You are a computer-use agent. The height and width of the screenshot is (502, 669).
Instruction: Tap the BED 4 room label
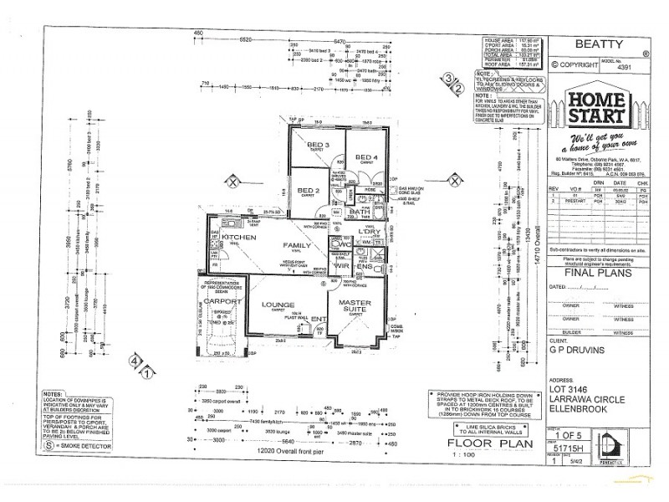tap(368, 157)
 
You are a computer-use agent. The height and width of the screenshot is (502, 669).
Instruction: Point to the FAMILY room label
tap(296, 245)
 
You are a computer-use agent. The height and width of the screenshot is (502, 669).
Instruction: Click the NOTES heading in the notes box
tap(54, 392)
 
